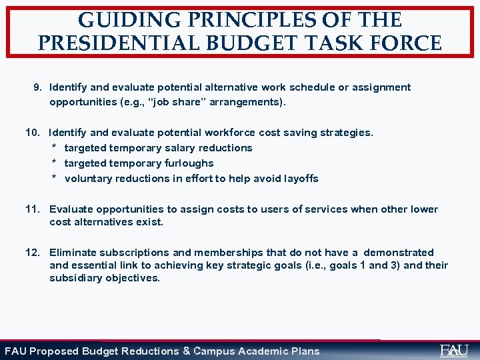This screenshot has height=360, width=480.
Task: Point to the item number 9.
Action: (38, 87)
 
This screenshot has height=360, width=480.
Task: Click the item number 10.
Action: (33, 133)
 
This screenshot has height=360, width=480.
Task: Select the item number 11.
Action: (33, 209)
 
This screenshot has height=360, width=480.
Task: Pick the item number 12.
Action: (33, 253)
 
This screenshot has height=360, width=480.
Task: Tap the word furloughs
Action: (189, 163)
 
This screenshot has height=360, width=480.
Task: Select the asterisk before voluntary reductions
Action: (54, 179)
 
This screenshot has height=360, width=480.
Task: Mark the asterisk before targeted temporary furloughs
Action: (54, 163)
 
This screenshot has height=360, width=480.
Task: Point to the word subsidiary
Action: (74, 278)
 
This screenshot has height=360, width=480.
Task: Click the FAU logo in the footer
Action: (454, 350)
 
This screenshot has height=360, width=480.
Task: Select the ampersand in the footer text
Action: (186, 351)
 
